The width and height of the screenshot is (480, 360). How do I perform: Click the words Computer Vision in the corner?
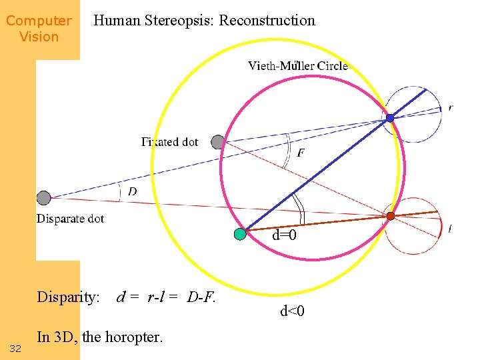coord(39,29)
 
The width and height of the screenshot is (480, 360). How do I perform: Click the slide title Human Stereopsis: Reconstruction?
coord(204,21)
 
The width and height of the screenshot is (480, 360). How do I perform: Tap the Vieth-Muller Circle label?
coord(297,65)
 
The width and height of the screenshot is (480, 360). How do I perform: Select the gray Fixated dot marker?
coord(218,141)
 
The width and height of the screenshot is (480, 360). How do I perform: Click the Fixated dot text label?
coord(170,142)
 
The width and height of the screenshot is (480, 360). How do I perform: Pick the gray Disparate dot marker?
coord(43,197)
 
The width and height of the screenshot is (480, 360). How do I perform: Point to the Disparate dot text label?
coord(70,219)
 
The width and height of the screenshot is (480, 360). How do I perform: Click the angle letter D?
coord(133,192)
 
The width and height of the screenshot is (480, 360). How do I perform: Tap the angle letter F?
coord(301,153)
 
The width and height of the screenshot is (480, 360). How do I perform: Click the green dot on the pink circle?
coord(240,233)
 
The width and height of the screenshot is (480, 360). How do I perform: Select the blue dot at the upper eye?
coord(390,118)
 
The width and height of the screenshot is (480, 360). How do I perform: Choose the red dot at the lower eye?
coord(391,215)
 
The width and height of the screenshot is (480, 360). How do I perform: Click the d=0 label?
coord(284,235)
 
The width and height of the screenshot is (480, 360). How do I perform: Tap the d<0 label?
coord(292,311)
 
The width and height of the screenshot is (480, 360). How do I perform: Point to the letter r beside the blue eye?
coord(451,107)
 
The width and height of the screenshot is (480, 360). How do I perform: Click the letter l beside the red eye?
coord(450,229)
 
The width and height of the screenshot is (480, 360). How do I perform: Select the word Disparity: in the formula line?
coord(69,297)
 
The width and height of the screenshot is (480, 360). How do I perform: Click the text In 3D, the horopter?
coord(99,337)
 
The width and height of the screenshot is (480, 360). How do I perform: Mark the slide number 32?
coord(16,349)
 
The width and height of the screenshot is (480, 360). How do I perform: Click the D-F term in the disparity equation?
coord(201,297)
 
